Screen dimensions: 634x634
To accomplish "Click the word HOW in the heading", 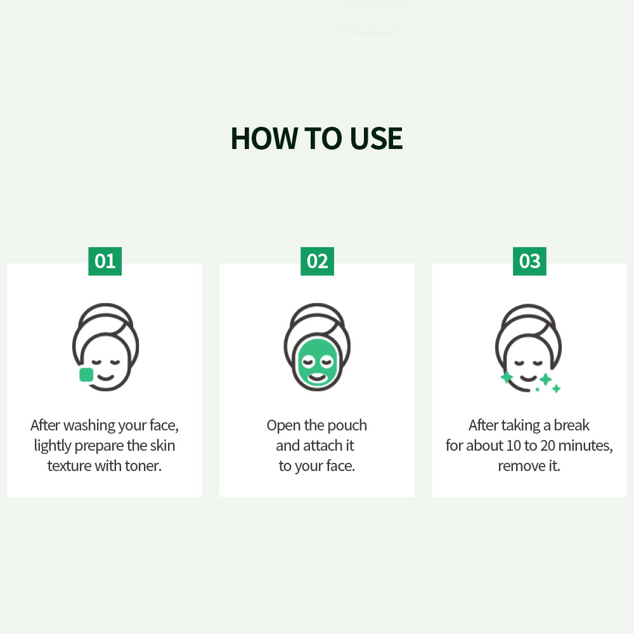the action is click(264, 139).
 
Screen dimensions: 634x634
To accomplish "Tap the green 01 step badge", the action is click(105, 261).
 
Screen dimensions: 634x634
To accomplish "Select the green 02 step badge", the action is click(318, 261).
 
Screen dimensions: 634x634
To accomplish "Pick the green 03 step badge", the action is click(529, 261).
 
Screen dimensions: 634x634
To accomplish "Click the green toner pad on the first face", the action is click(86, 375).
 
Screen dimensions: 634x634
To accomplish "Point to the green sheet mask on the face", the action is click(318, 362).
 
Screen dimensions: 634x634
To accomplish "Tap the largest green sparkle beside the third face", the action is click(545, 379).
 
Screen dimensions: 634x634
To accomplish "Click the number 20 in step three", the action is click(548, 446).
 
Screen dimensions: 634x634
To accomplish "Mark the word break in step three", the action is click(571, 425).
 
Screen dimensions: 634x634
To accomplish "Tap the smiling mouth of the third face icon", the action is click(529, 378).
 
